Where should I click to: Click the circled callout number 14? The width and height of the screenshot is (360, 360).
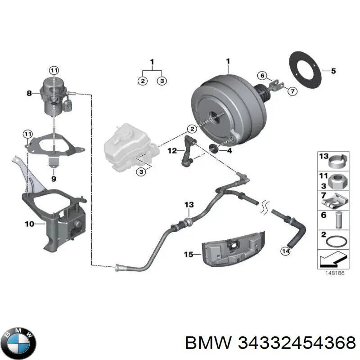coord(285,251)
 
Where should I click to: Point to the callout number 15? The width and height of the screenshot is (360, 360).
coord(189,254)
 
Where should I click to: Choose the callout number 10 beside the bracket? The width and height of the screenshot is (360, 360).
coord(29,224)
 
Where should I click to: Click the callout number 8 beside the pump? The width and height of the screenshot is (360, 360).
coord(29,93)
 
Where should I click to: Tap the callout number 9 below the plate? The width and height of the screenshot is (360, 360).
coord(54,179)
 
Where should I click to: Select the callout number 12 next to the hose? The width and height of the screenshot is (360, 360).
coord(172,151)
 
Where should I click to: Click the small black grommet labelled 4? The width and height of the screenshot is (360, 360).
coord(215,148)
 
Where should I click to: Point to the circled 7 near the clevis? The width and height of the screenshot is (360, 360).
coord(292,91)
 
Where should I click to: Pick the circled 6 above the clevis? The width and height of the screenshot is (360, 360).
coord(262,75)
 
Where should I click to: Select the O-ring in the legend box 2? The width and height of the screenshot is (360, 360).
coord(337,242)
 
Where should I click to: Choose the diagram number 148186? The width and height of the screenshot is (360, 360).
coord(335,273)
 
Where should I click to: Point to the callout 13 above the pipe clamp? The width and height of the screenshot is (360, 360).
coord(189,204)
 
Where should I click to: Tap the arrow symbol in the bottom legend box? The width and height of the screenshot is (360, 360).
coord(333,259)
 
